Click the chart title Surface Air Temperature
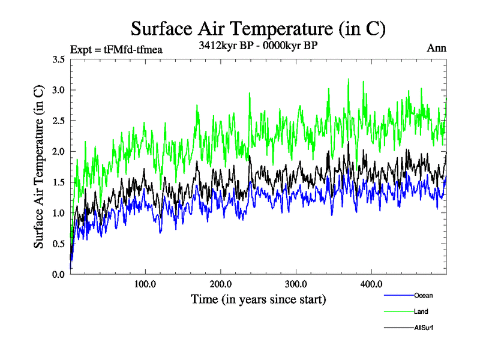coord(258,29)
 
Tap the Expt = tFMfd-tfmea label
coord(116,49)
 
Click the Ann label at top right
coord(436,48)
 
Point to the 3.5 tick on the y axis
coord(58,59)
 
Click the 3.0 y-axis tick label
coord(58,90)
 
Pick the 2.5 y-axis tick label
coord(58,121)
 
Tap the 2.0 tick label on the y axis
coord(58,151)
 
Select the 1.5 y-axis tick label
coord(58,182)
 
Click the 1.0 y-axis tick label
coord(58,213)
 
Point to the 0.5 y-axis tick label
coord(58,244)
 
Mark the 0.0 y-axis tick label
coord(58,274)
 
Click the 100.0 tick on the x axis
coord(145,284)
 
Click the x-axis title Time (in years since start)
coord(258,299)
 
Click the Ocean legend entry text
coord(423,295)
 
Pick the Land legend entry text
coord(421,311)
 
